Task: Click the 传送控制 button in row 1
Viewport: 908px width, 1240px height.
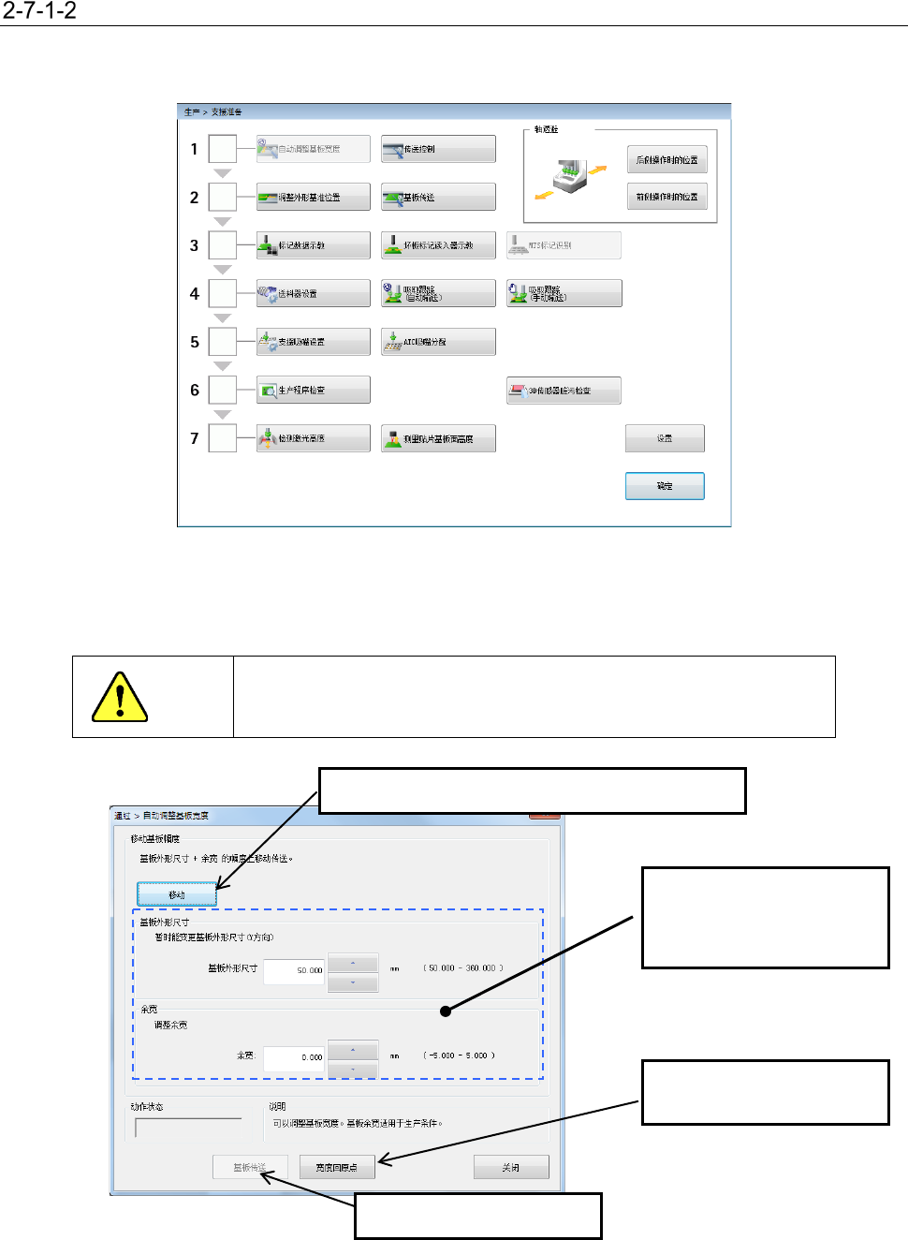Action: pos(438,149)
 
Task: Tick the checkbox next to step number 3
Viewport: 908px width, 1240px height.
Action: pos(223,245)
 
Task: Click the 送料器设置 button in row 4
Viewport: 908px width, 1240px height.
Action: pos(314,293)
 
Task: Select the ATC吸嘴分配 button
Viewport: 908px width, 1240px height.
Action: pos(438,342)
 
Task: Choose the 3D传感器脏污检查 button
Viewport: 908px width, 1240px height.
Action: pos(564,391)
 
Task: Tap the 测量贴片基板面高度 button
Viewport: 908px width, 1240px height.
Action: pos(438,438)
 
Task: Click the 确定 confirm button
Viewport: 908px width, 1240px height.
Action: pos(665,486)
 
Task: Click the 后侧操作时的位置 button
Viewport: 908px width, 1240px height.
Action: pos(666,160)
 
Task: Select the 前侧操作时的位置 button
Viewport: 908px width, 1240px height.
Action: pos(666,197)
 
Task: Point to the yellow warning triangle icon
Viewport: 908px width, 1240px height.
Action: pos(120,698)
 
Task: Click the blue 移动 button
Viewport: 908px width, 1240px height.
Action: pos(177,894)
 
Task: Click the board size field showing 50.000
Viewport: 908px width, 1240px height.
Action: pos(294,970)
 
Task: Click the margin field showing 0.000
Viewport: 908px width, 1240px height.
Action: pos(294,1057)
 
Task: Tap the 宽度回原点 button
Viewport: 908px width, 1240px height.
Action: pos(337,1167)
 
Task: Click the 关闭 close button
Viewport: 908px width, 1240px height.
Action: pos(510,1167)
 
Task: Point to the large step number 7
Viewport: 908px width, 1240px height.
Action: pos(195,438)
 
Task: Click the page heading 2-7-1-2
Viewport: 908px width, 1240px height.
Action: pos(39,11)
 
